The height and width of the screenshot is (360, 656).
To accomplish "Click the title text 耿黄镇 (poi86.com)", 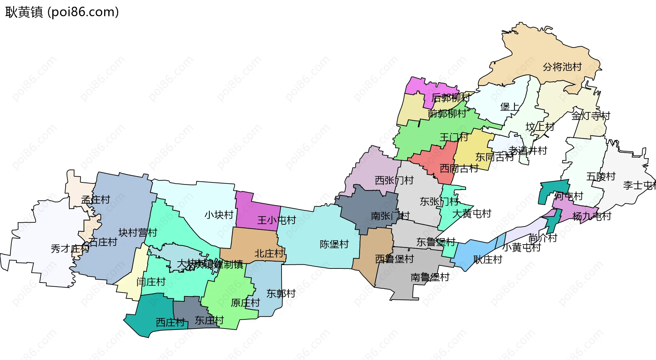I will point(62,12).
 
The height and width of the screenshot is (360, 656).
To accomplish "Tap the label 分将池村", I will point(562,67).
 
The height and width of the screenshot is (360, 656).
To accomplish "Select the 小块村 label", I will point(219,215).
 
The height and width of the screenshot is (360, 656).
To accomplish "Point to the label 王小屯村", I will point(276,220).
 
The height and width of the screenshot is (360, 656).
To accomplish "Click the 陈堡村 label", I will point(334,244).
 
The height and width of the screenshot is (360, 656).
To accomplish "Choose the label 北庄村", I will point(269,253).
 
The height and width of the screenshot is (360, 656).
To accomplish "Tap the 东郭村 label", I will point(281,293).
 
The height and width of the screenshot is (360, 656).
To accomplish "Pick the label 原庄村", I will point(245,303).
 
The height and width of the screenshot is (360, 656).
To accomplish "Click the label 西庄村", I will point(170,322).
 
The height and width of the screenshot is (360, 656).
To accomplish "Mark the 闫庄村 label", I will point(151,282).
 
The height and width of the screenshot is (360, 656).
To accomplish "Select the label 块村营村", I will point(138,233).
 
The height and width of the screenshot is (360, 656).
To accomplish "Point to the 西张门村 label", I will point(394,180).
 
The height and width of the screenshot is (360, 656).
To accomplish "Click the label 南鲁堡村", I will point(430,277).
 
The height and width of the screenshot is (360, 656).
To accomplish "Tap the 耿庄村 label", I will point(488,260).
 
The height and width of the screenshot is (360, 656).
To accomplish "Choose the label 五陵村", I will point(601,176).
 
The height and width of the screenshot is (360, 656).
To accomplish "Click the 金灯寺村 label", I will point(591,116).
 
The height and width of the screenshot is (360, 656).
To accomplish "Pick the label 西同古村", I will point(459,168).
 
